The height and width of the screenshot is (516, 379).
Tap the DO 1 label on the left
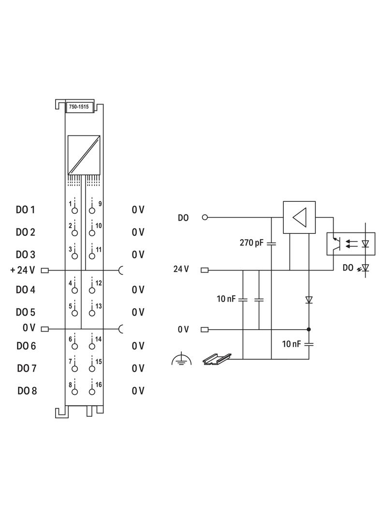(x=26, y=210)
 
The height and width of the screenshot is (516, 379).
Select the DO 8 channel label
(x=27, y=391)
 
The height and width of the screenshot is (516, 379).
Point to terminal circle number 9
(x=92, y=211)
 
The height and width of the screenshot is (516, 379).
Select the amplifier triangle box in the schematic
(x=299, y=217)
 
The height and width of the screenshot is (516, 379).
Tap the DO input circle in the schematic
(x=204, y=217)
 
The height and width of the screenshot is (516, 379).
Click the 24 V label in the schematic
(x=181, y=269)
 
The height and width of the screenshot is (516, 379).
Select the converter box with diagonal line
(x=84, y=155)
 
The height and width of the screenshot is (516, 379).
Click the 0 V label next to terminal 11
(x=138, y=255)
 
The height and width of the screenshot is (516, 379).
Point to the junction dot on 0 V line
(x=309, y=330)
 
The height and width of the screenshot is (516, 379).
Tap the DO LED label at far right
(x=348, y=267)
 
